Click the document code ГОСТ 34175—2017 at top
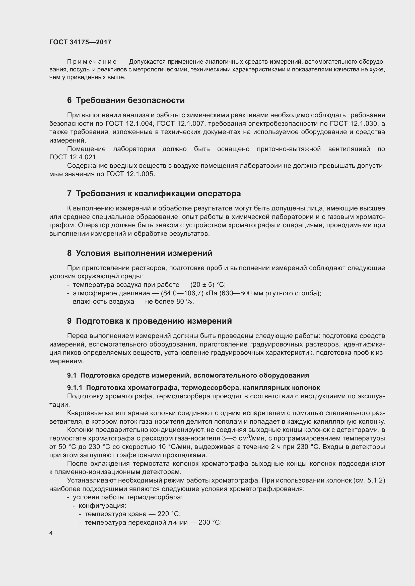click(80, 42)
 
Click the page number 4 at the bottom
click(51, 533)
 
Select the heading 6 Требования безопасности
click(126, 100)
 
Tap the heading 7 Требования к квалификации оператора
click(154, 193)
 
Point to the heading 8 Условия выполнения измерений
click(140, 253)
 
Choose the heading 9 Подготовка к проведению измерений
click(150, 321)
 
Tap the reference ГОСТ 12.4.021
click(73, 157)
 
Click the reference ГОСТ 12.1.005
click(130, 174)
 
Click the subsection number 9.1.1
click(75, 388)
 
